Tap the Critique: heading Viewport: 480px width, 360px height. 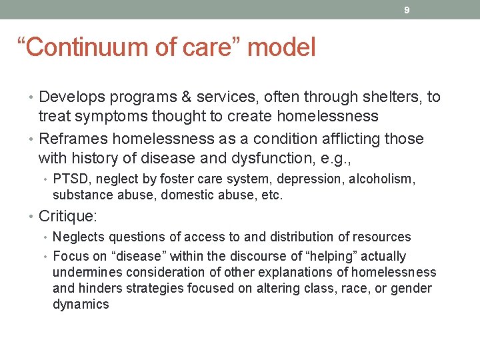[x=67, y=216]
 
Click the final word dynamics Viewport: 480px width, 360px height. [x=81, y=305]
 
